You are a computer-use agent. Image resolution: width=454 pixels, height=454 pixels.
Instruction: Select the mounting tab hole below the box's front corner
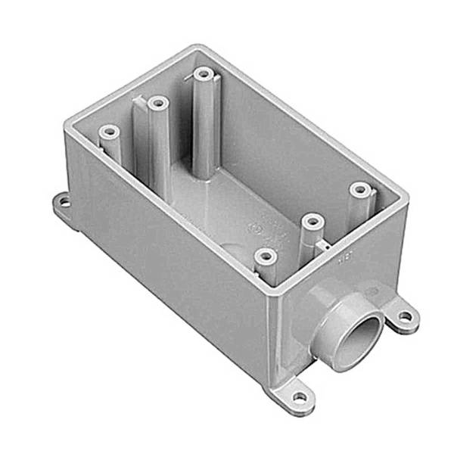tap(301, 395)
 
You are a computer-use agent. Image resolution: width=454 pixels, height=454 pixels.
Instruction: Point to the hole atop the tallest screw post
tap(202, 74)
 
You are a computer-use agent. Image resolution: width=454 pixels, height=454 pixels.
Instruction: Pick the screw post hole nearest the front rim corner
tap(264, 257)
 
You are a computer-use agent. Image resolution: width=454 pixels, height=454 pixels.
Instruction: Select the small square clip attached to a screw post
tap(325, 244)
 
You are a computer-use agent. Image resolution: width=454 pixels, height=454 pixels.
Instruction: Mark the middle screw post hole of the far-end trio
tap(157, 102)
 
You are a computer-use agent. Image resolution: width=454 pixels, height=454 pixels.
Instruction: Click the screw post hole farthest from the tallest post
tap(264, 257)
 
